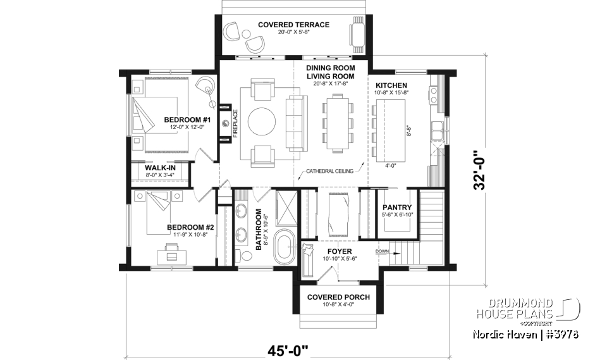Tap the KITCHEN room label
coord(391,85)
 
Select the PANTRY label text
coord(396,208)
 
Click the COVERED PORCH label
coord(338,297)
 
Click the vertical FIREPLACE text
coord(235,123)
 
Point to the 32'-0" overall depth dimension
coord(482,170)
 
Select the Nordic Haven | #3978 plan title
coord(525,333)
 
